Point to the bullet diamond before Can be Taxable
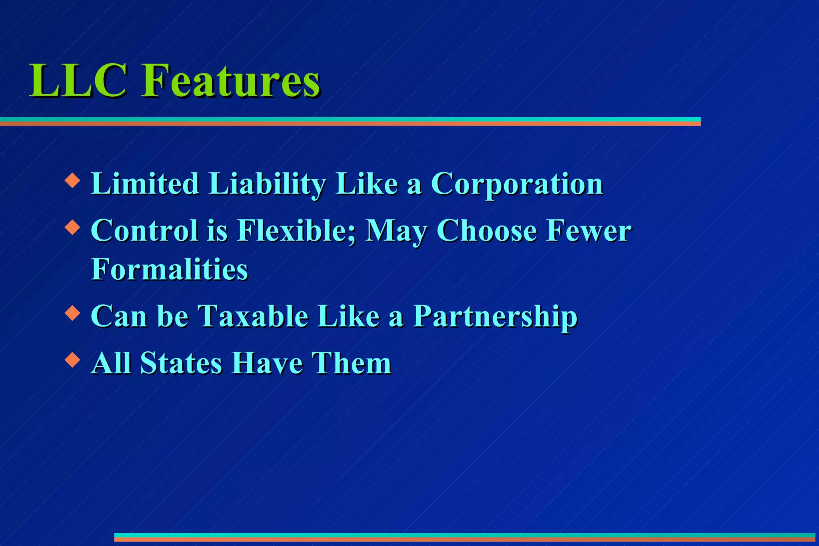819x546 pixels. pos(72,313)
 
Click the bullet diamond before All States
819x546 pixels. pos(72,359)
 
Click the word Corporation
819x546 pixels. pos(517,184)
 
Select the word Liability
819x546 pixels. pos(267,185)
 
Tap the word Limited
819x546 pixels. pos(145,184)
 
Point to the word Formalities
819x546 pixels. pos(170,269)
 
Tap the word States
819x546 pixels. pos(181,363)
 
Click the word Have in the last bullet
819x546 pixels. pos(267,363)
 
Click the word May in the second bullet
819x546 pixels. pos(396,232)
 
